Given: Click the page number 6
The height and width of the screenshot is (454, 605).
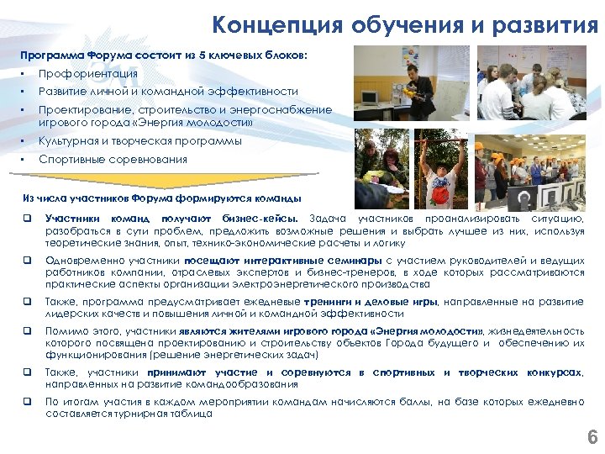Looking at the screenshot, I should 592,437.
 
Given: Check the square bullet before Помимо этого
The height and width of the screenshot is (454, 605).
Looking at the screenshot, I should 28,332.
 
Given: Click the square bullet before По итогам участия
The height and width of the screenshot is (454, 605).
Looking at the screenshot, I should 28,403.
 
